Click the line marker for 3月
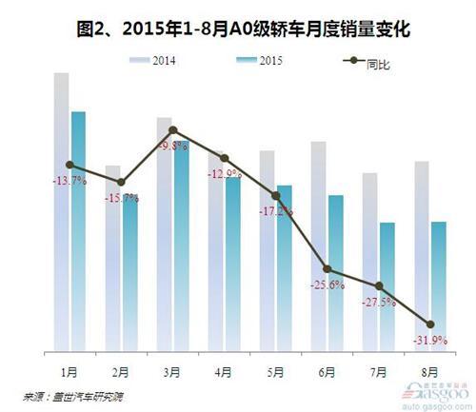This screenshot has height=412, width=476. point(172,129)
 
